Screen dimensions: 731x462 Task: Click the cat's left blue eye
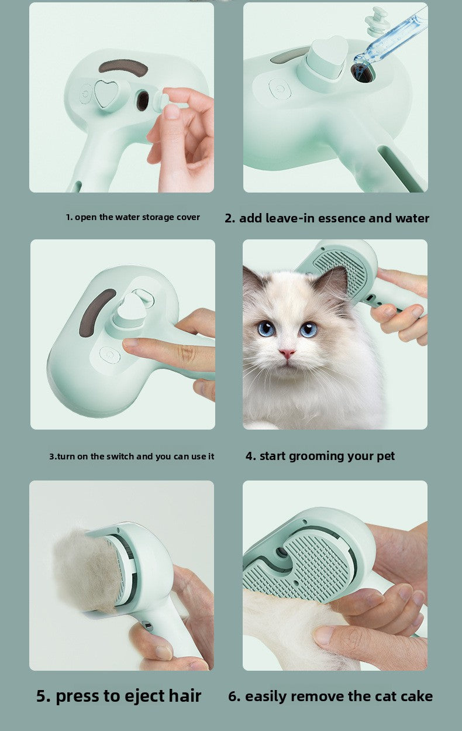point(266,329)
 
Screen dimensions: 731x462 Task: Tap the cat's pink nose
point(287,354)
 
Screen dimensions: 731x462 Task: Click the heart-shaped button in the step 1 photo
point(106,94)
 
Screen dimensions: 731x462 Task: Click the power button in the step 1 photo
point(86,94)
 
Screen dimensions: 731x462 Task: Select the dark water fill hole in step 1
point(143,101)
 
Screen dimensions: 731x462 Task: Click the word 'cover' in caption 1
point(188,217)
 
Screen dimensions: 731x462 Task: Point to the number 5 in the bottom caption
point(42,696)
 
